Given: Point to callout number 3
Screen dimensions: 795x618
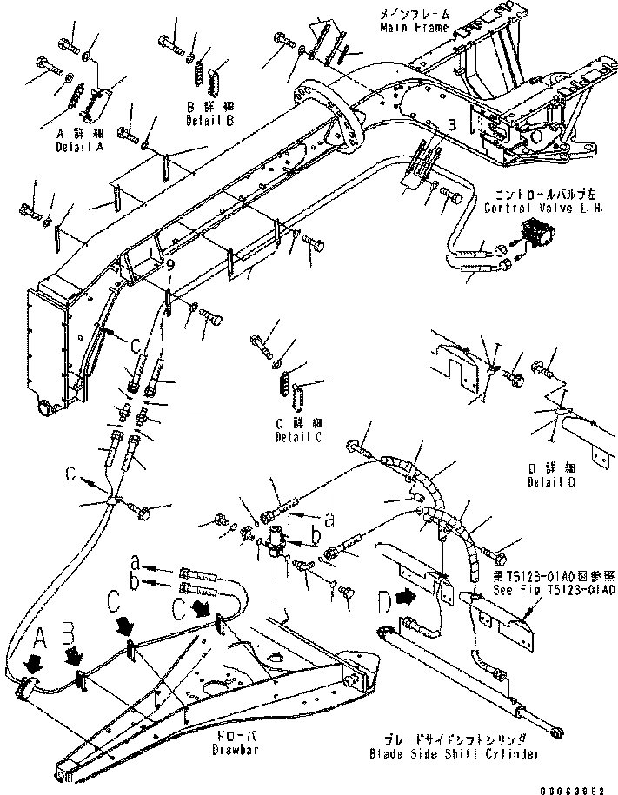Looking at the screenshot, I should click(x=451, y=124).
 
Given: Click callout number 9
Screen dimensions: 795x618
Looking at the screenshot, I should click(x=170, y=265).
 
